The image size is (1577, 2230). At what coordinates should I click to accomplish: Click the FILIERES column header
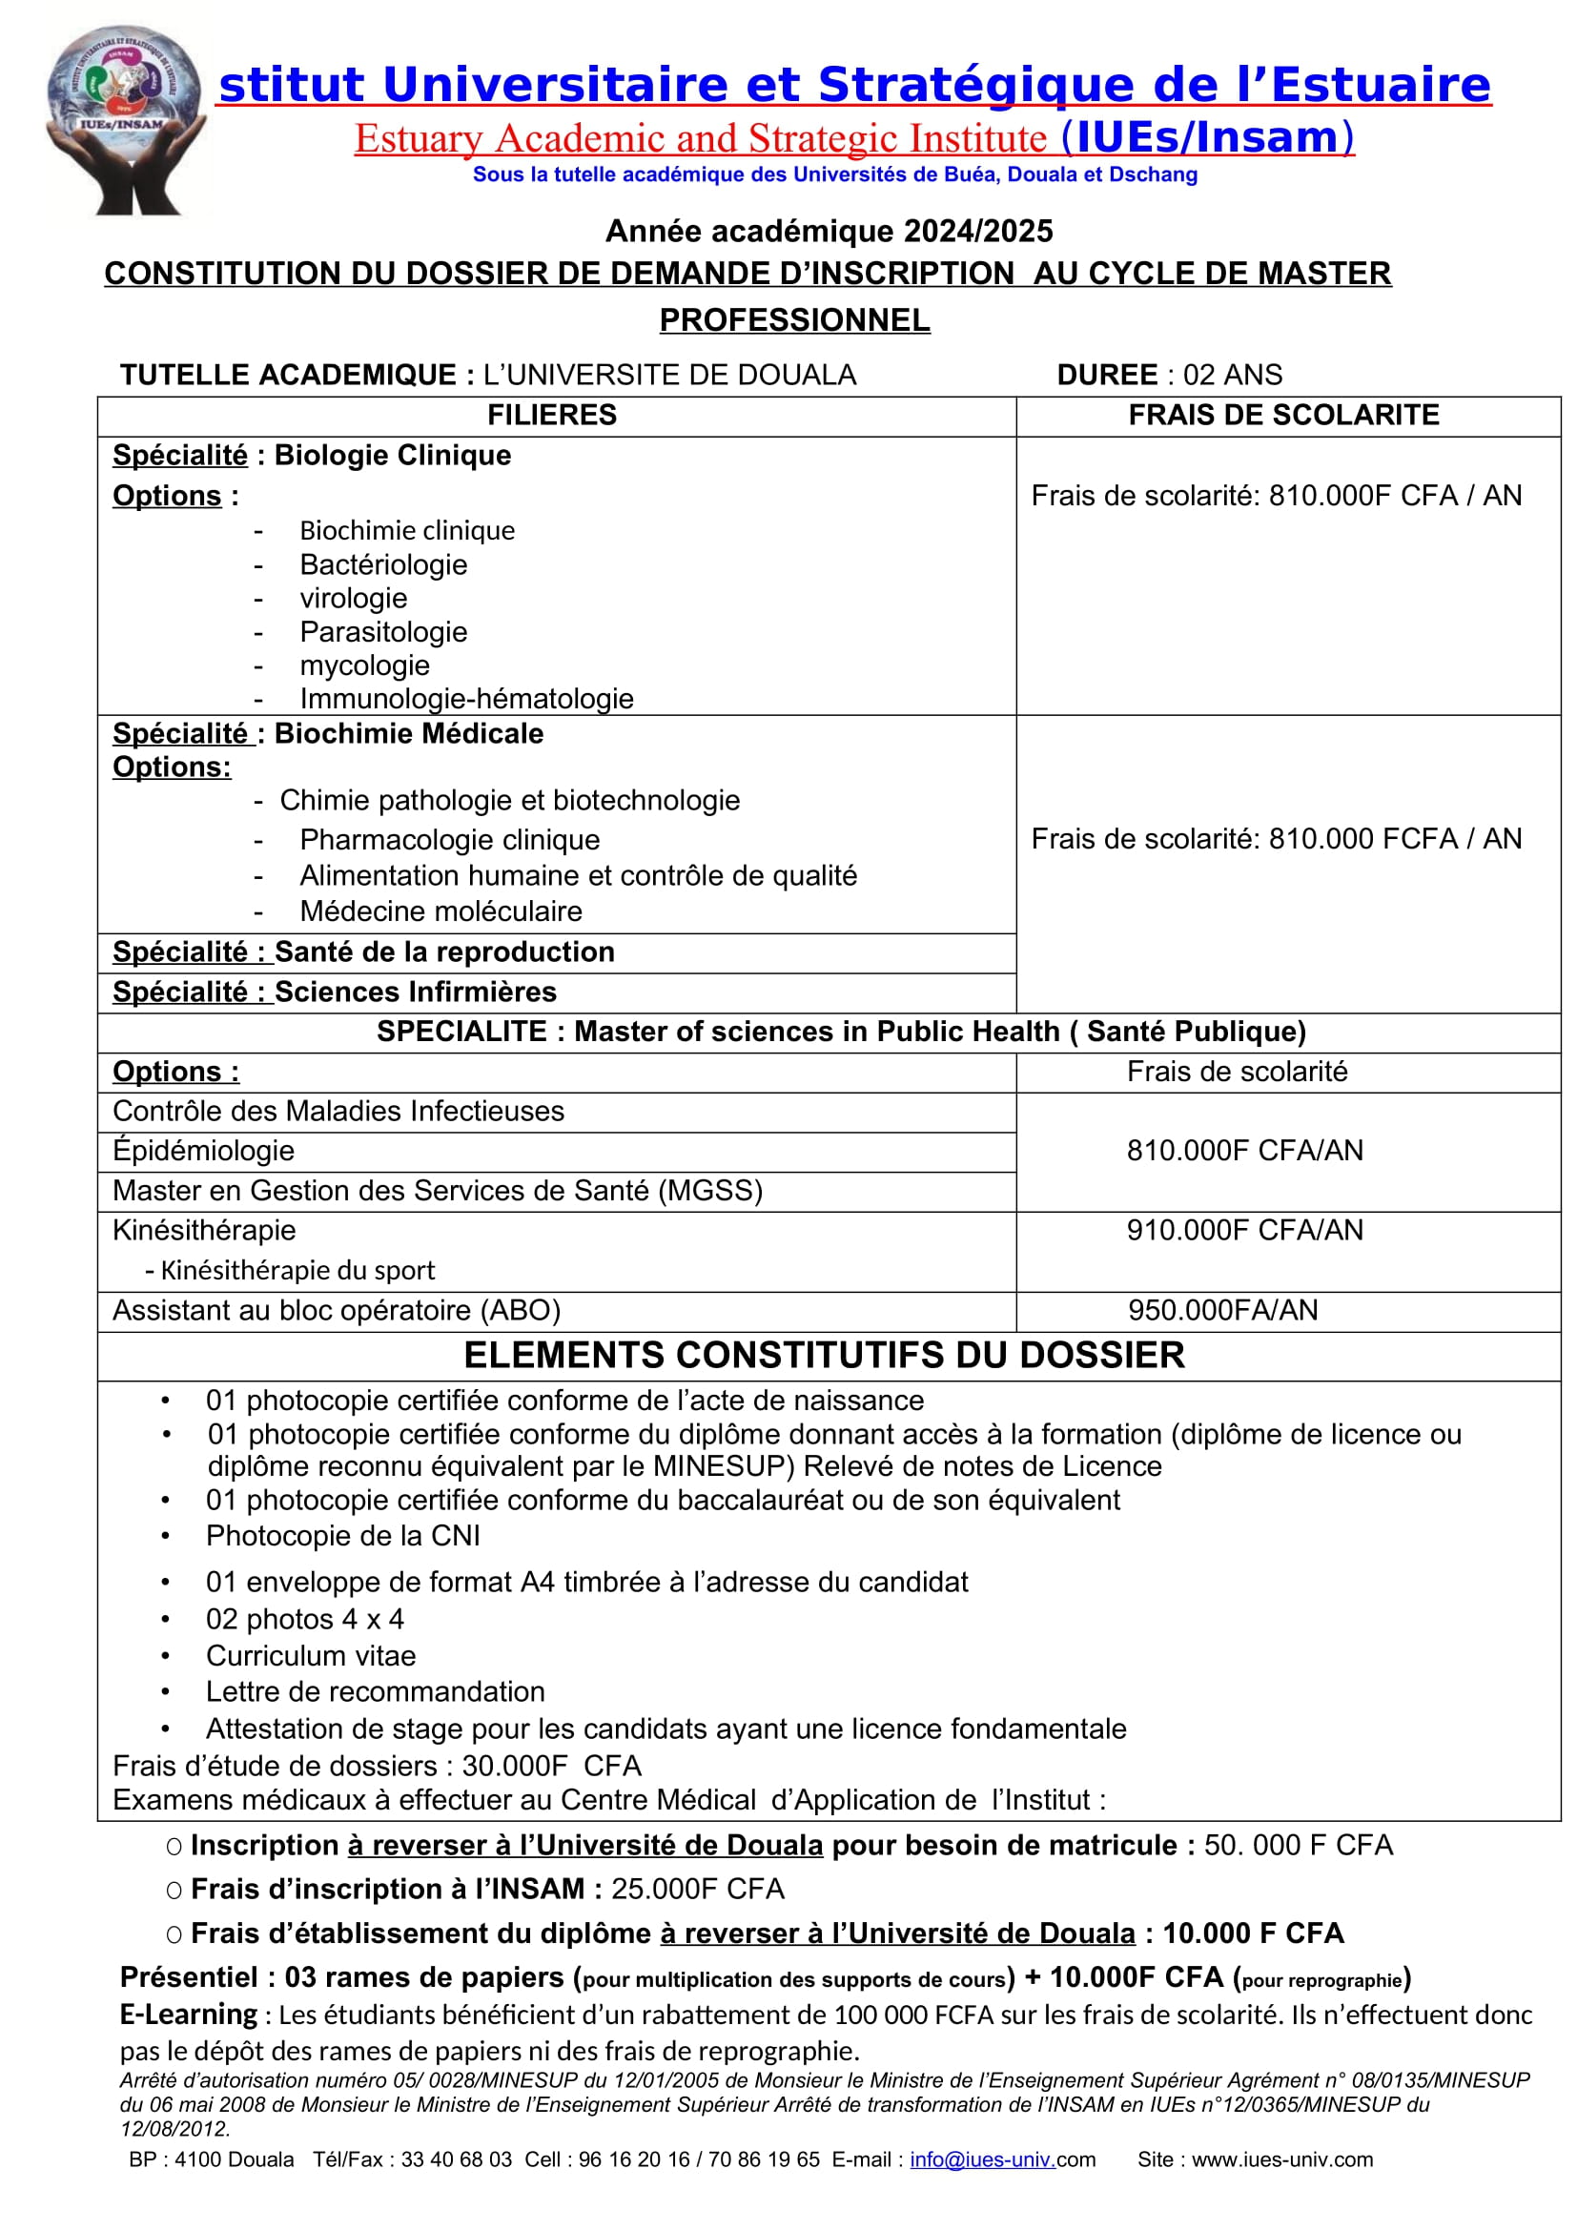pyautogui.click(x=551, y=415)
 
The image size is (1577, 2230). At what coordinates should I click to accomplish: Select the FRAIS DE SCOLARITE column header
pyautogui.click(x=1282, y=415)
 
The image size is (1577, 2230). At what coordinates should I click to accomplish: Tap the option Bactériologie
pyautogui.click(x=382, y=564)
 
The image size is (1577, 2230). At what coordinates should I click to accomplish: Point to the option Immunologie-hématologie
pyautogui.click(x=466, y=698)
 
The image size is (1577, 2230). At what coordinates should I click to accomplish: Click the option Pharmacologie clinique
pyautogui.click(x=450, y=839)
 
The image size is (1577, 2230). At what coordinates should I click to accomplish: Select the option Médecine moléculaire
pyautogui.click(x=440, y=911)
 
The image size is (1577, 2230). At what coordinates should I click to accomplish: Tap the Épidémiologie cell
pyautogui.click(x=204, y=1150)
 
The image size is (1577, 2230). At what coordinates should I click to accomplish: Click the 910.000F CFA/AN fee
pyautogui.click(x=1244, y=1230)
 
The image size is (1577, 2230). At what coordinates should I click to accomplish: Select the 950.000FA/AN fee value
pyautogui.click(x=1222, y=1310)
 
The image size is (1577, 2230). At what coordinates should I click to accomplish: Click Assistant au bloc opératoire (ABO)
pyautogui.click(x=336, y=1310)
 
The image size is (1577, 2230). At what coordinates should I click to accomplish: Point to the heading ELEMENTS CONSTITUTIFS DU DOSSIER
pyautogui.click(x=824, y=1355)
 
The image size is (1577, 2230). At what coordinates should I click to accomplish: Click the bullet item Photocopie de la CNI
pyautogui.click(x=343, y=1536)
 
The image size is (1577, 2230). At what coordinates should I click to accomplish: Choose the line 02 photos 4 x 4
pyautogui.click(x=305, y=1619)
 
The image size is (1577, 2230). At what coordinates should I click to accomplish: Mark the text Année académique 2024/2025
pyautogui.click(x=829, y=231)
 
